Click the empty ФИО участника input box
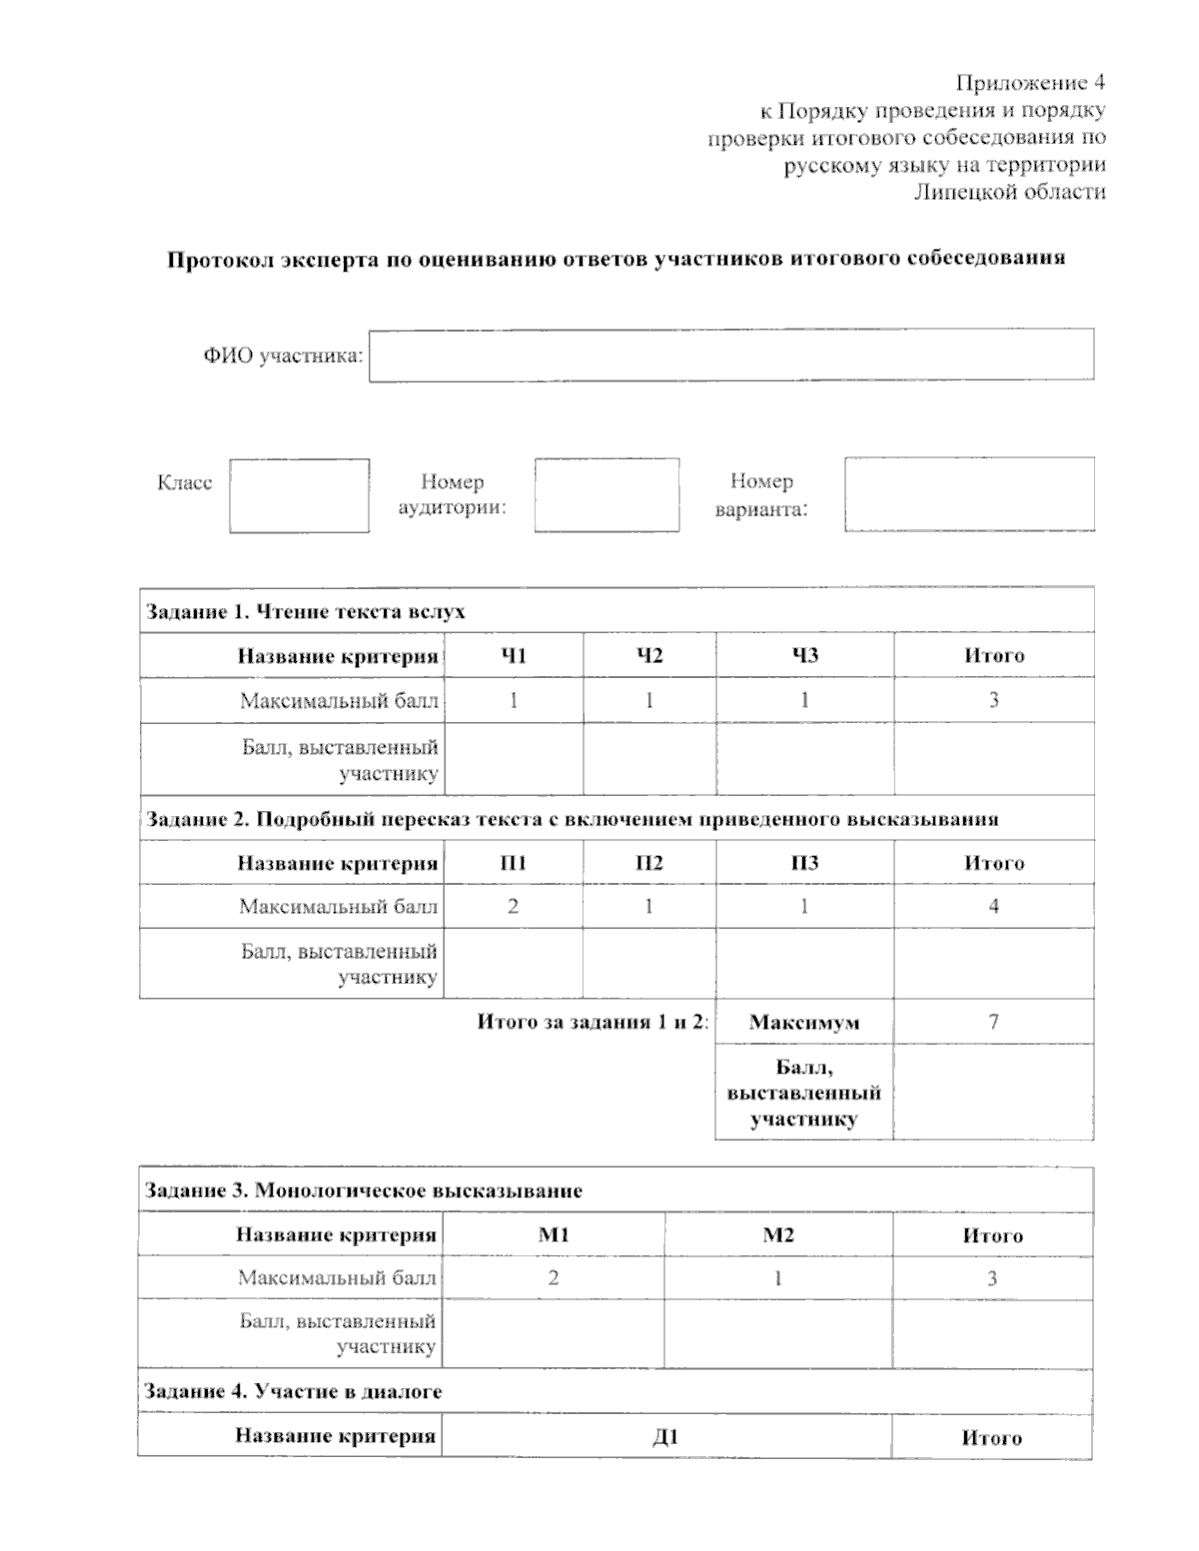tap(730, 355)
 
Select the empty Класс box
tap(299, 495)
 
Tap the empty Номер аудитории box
tap(606, 495)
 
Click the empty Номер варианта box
tap(968, 493)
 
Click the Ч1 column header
tap(513, 655)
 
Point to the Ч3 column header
tap(804, 655)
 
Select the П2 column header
tap(649, 863)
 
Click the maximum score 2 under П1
tap(513, 907)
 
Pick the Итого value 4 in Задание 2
tap(993, 907)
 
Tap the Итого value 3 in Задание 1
tap(993, 700)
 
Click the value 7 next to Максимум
tap(993, 1022)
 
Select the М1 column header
tap(554, 1235)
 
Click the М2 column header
tap(778, 1235)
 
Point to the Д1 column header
tap(665, 1437)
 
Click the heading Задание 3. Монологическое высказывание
tap(364, 1190)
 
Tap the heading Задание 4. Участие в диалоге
tap(294, 1391)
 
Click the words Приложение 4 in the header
tap(1030, 82)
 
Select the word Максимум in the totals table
tap(804, 1023)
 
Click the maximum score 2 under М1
tap(553, 1278)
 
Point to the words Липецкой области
tap(1009, 192)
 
